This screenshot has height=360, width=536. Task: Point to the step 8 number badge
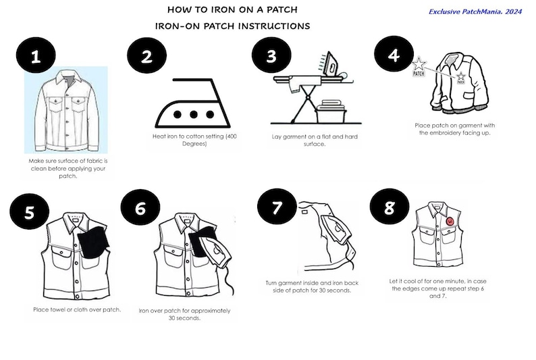click(x=389, y=207)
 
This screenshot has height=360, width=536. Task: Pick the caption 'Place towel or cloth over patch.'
click(x=76, y=309)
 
